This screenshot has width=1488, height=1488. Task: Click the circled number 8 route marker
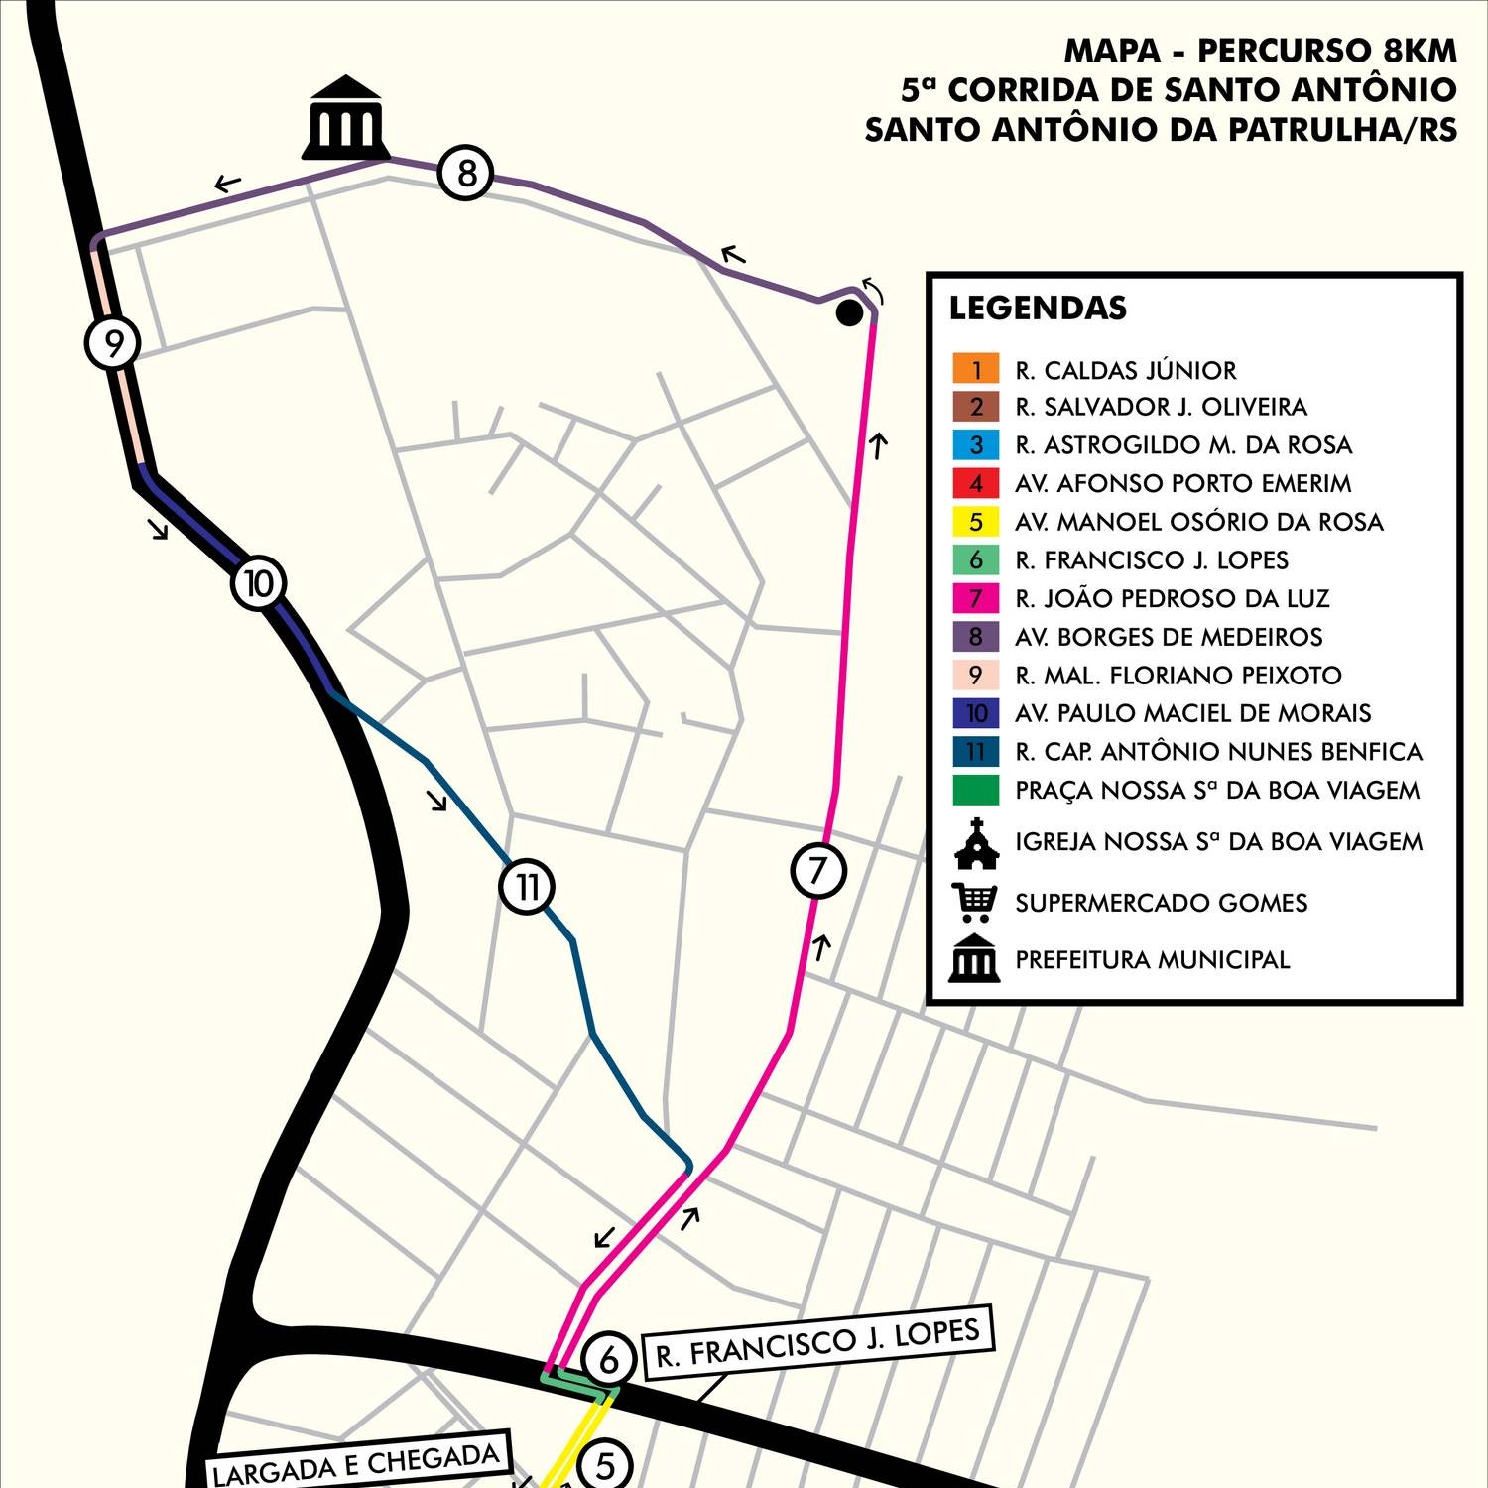point(466,174)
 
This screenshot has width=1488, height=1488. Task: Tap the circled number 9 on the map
point(113,343)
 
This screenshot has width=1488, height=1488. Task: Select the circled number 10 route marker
point(259,583)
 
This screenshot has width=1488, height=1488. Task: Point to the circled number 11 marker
point(527,886)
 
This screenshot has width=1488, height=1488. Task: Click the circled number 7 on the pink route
point(818,870)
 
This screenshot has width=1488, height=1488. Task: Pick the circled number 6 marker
point(609,1359)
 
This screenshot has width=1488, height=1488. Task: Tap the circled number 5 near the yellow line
point(605,1464)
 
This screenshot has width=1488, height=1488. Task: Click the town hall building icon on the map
point(345,118)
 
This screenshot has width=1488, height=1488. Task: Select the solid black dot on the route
point(849,313)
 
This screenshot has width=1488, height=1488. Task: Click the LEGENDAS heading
point(1038,309)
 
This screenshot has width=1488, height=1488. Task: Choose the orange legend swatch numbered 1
point(976,369)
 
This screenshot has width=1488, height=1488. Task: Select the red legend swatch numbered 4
point(976,483)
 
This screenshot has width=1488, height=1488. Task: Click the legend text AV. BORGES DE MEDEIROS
point(1169,637)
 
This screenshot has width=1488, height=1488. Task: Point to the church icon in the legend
point(976,842)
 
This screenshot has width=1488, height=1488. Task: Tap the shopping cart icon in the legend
point(975,902)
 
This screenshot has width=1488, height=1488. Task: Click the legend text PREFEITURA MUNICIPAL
point(1152,960)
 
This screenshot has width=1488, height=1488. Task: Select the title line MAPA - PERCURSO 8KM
point(1261,50)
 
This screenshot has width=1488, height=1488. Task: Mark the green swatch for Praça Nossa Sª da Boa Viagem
point(976,790)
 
